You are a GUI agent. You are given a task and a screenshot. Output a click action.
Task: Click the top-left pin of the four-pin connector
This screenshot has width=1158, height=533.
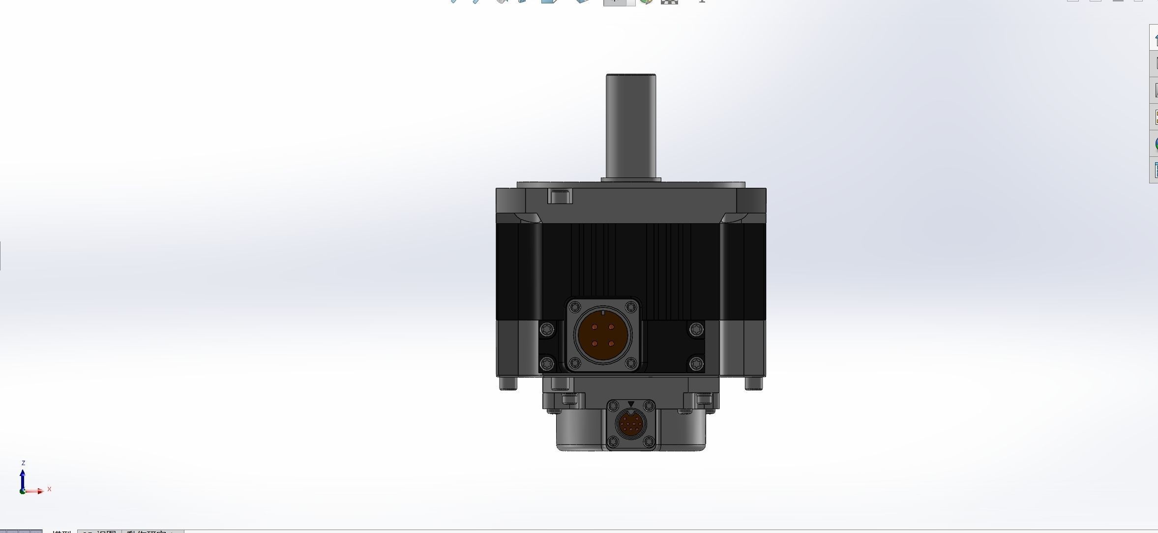595,327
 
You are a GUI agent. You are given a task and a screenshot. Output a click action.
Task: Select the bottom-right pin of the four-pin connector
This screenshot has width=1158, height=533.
611,343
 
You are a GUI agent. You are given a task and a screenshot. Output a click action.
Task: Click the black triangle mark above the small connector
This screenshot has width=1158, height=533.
631,404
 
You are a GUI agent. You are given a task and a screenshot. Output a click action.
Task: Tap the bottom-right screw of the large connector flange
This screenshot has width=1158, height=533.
630,363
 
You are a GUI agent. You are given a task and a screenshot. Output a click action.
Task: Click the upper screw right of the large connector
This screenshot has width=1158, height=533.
696,329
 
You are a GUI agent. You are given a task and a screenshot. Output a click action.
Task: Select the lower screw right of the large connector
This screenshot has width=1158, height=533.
695,364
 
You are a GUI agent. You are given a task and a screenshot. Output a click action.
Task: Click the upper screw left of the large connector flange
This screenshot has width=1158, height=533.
547,329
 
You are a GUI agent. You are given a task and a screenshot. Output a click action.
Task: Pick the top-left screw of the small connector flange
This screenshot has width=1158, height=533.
613,406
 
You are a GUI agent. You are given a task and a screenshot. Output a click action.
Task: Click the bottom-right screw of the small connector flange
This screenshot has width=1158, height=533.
649,441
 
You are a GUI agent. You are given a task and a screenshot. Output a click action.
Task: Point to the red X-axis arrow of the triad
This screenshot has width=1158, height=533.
35,491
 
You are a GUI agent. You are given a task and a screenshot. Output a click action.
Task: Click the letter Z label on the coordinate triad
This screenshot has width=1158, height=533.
23,463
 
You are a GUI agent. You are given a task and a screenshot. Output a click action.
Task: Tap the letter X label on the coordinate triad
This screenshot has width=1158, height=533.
49,489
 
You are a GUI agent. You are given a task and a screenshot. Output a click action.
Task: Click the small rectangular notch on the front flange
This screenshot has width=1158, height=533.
560,197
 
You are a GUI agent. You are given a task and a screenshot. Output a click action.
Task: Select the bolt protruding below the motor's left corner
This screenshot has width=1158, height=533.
508,383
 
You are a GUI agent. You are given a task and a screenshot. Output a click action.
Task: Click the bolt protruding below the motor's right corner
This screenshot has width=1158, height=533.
754,383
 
